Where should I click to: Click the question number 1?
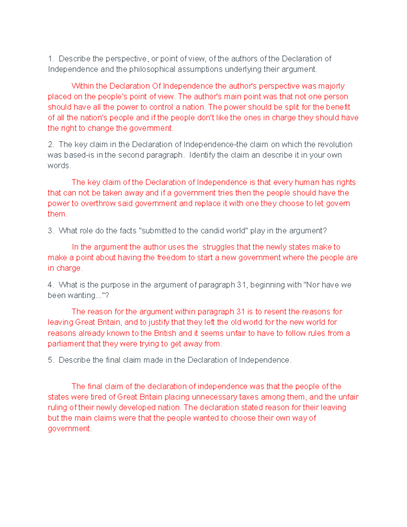click(51, 59)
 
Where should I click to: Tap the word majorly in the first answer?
click(331, 86)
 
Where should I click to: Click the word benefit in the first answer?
click(338, 107)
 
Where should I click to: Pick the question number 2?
click(51, 145)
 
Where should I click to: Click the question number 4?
click(51, 285)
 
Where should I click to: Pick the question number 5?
click(51, 360)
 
